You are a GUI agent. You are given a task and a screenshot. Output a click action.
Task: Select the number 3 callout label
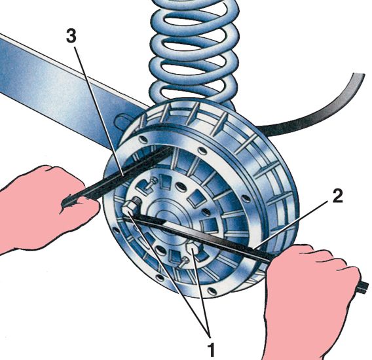pyautogui.click(x=71, y=37)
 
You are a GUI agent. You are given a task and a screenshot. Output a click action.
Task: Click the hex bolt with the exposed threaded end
pyautogui.click(x=131, y=207)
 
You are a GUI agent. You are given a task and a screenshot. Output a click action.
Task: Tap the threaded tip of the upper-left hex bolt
pyautogui.click(x=138, y=200)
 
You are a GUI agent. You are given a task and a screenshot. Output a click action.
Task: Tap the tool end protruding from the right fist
pyautogui.click(x=363, y=287)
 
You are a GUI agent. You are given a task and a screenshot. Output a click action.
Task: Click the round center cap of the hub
pyautogui.click(x=166, y=215)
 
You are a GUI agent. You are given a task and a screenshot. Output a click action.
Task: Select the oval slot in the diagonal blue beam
pyautogui.click(x=123, y=122)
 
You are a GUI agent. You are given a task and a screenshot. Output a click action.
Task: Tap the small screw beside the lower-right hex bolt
pyautogui.click(x=183, y=262)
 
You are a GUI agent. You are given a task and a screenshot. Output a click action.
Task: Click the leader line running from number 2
pyautogui.click(x=291, y=224)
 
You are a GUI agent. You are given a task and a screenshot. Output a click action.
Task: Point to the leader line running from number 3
pyautogui.click(x=99, y=111)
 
